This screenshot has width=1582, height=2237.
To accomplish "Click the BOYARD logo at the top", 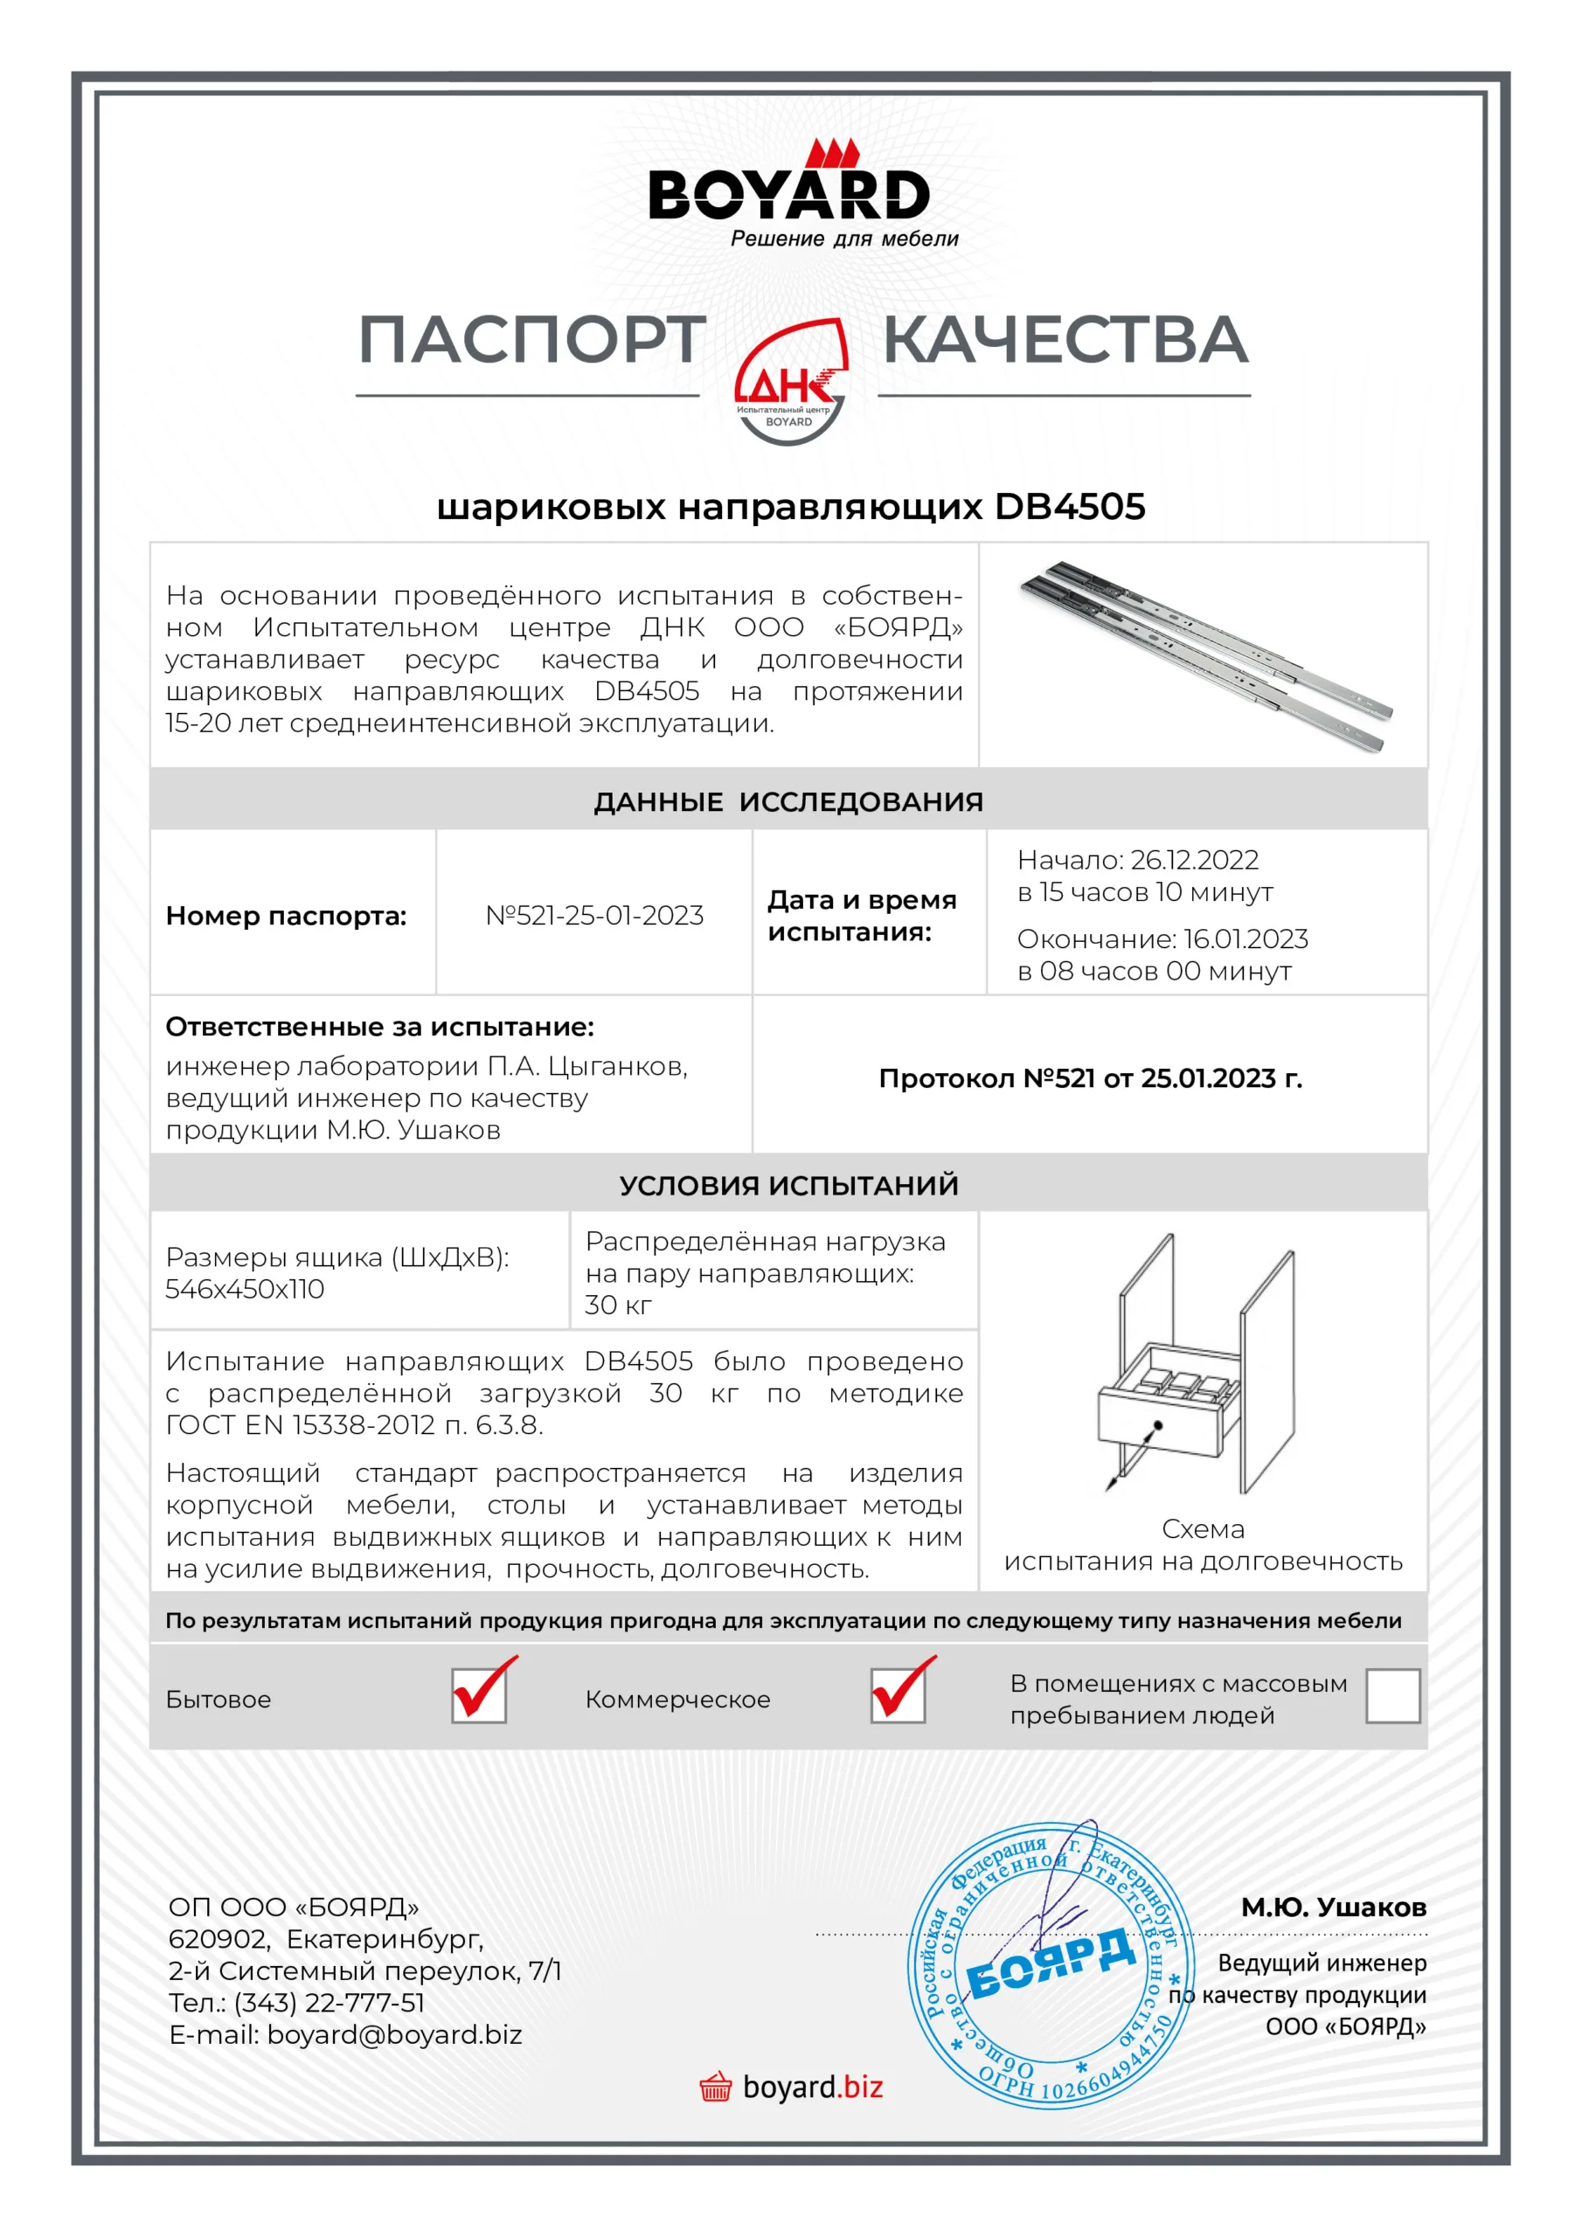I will click(789, 195).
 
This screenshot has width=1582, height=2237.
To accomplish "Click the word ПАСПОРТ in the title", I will click(532, 340).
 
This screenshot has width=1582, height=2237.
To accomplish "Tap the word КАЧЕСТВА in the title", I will click(1065, 340).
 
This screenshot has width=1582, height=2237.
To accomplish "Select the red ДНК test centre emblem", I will click(789, 382).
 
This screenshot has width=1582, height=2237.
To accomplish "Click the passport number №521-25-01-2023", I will click(594, 915).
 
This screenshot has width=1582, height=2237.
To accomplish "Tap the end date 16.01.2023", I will click(1245, 938).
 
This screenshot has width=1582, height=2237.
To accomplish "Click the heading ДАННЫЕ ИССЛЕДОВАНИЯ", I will click(788, 802).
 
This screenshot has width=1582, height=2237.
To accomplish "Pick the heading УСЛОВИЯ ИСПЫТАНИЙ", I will click(788, 1185).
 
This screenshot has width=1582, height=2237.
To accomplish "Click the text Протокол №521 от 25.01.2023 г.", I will click(1090, 1077).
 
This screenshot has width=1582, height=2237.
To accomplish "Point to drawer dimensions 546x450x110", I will click(245, 1289).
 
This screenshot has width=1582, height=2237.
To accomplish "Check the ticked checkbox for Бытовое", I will click(479, 1695).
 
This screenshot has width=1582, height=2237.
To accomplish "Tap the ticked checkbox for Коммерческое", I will click(898, 1695).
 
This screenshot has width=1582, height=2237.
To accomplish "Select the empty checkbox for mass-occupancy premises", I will click(1392, 1695).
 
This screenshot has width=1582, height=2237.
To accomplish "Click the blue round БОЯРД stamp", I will click(1051, 1964).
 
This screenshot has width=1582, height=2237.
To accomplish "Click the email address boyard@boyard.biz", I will click(395, 2034).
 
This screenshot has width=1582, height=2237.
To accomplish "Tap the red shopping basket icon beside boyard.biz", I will click(716, 2087).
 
